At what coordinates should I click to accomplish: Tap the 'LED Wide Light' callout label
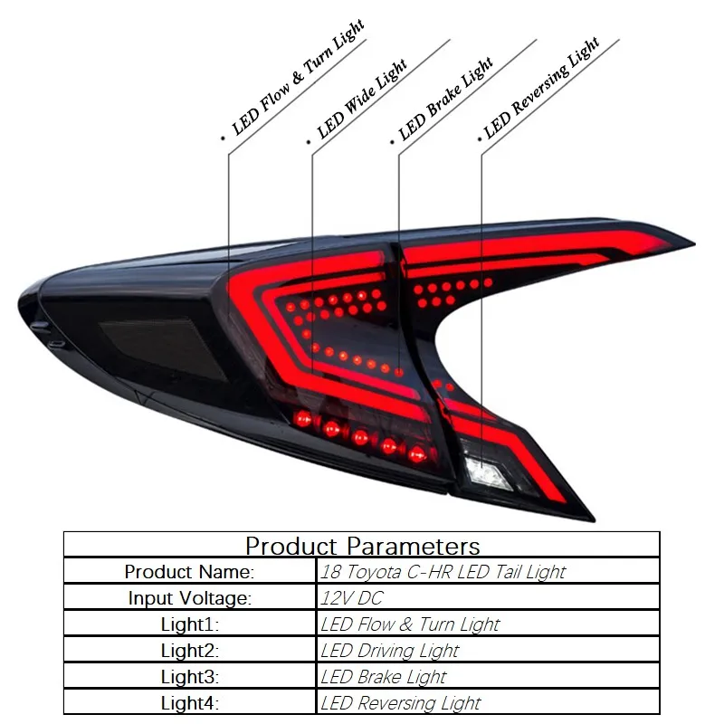[362, 100]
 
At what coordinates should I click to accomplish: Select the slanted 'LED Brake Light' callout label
[446, 100]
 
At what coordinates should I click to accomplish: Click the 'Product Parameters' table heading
[362, 546]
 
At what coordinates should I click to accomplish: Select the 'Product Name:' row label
[190, 572]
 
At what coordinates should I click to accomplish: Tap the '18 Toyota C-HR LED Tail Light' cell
[443, 572]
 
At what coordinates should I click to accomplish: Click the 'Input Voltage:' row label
[190, 598]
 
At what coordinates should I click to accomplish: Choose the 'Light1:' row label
[190, 624]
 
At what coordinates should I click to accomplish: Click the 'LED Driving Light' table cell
[390, 651]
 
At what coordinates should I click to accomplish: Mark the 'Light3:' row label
[190, 677]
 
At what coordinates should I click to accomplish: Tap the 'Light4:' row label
[190, 703]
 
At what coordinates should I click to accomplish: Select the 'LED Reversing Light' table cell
[401, 703]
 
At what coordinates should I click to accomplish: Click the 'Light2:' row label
[190, 651]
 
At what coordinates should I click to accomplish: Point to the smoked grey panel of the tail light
[145, 339]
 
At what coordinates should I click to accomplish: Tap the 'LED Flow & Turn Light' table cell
[410, 624]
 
